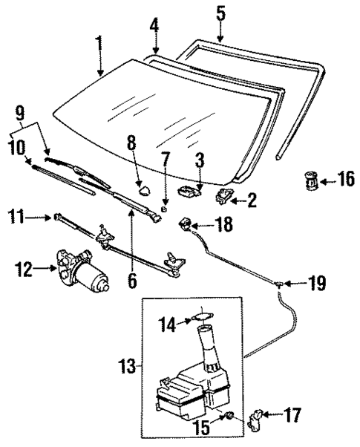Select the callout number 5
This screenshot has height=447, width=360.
tap(219, 13)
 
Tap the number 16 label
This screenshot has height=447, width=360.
tap(346, 179)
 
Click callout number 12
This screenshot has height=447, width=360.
tap(24, 271)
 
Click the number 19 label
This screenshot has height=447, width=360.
tap(316, 283)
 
